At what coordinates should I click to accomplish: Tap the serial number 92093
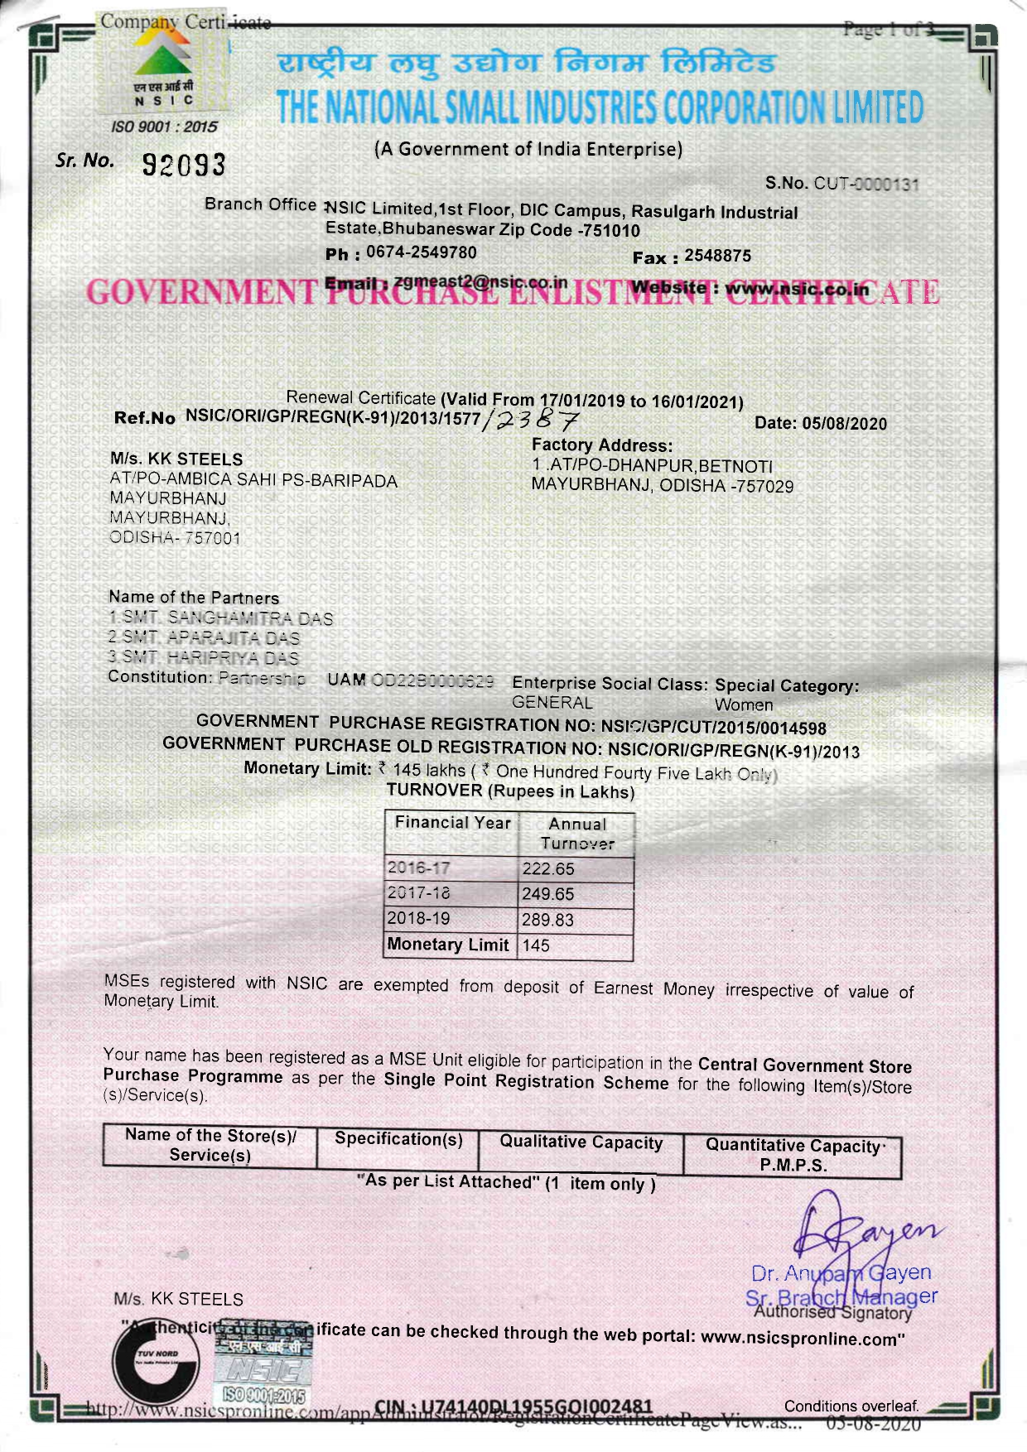point(184,165)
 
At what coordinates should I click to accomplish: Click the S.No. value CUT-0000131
point(866,184)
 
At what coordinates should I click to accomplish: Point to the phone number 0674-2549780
point(422,252)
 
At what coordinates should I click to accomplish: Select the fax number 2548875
point(717,256)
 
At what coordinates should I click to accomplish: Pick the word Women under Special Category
point(744,705)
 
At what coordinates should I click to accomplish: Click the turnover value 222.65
point(547,869)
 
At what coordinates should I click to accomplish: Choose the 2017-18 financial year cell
point(419,893)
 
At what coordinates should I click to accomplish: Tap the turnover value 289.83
point(547,920)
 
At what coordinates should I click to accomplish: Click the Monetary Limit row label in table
point(448,945)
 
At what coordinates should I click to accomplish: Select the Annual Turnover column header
point(576,834)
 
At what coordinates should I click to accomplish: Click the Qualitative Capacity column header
point(581,1143)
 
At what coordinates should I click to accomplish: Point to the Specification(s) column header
point(398,1139)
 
